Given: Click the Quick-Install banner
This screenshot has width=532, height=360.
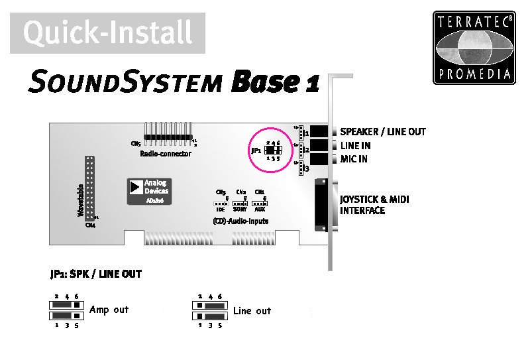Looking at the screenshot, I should (x=107, y=32).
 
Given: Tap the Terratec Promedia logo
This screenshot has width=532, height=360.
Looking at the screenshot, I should (x=474, y=47).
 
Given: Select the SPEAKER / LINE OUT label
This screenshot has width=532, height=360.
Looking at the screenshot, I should (x=383, y=132).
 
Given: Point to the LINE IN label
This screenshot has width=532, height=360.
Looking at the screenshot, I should (x=356, y=146).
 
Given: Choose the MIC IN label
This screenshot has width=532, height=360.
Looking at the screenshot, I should (x=354, y=159).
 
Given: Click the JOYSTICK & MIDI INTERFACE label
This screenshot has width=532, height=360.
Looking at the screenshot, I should (x=371, y=205).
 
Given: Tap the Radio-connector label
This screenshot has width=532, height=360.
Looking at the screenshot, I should (x=166, y=153).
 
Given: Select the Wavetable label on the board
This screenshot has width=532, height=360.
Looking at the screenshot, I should (x=80, y=201).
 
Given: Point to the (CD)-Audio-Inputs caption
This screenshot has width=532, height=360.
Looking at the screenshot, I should (x=240, y=221).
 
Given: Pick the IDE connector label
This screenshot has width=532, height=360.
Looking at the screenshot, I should (x=221, y=208).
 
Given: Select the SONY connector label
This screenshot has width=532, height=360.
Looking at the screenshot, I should (x=240, y=208).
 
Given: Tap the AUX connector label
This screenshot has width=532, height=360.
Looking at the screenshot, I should (x=260, y=208).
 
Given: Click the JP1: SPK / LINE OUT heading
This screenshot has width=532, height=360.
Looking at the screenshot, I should (x=95, y=274).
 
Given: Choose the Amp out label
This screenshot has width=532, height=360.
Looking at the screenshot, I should (x=109, y=310).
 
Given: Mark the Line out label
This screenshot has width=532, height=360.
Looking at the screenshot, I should (x=252, y=311).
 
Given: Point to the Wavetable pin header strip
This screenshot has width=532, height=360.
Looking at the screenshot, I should (x=89, y=188).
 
